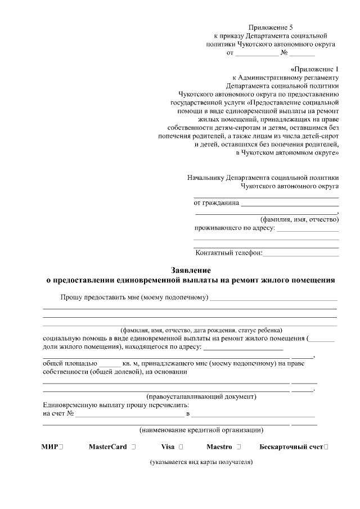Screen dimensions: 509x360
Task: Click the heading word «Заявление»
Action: [x=190, y=269]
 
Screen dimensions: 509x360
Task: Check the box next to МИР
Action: [x=60, y=447]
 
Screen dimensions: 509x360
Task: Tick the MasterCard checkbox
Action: [x=133, y=447]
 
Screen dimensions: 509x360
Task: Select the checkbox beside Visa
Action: [x=181, y=447]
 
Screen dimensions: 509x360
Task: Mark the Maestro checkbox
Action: [x=238, y=447]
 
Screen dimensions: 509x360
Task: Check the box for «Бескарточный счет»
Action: [x=326, y=447]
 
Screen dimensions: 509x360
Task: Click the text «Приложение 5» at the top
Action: [x=271, y=27]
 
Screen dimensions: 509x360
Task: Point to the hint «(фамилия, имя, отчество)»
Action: [x=298, y=219]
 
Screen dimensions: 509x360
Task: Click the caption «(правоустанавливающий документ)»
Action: [x=201, y=397]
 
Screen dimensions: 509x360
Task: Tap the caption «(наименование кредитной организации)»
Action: [x=201, y=430]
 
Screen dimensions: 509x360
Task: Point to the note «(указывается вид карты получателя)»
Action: [x=201, y=462]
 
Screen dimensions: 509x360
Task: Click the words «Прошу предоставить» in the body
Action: [x=93, y=297]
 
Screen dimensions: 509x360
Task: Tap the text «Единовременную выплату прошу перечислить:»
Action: [x=116, y=405]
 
